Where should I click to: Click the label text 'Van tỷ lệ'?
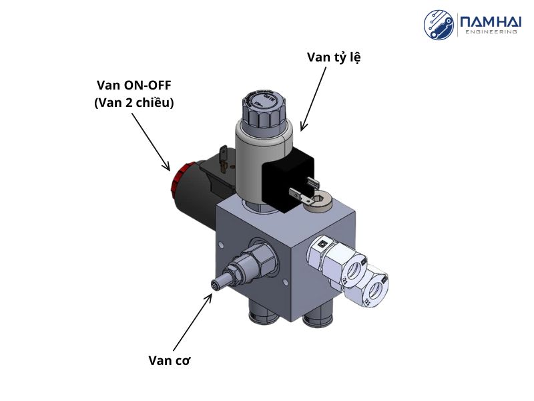pos(334,57)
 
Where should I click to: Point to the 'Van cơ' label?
pos(170,360)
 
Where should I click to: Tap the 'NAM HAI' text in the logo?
pos(489,21)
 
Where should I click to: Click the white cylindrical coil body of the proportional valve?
pos(254,161)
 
